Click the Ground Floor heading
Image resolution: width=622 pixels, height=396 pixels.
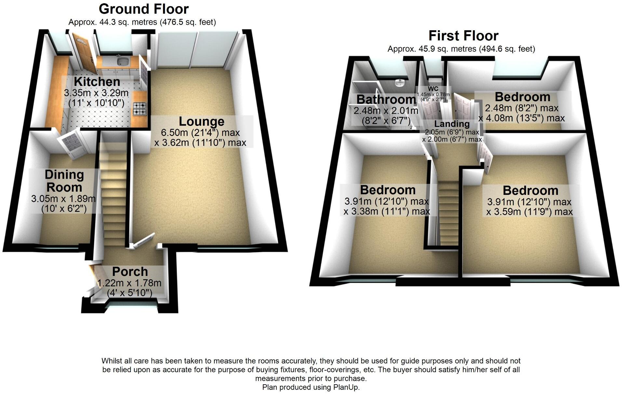(143, 9)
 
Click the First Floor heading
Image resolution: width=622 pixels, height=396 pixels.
(463, 36)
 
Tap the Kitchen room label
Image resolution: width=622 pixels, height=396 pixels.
(97, 82)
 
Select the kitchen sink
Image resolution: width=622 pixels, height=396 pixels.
(123, 61)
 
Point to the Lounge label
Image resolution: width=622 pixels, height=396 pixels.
(201, 122)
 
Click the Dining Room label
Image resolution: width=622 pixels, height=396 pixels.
(64, 181)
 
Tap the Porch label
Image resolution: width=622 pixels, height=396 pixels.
(130, 272)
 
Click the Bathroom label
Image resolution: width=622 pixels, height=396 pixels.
(386, 99)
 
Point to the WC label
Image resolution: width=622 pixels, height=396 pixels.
(433, 89)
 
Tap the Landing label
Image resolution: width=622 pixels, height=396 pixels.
(452, 124)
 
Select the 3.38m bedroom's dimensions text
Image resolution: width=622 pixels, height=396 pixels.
(387, 207)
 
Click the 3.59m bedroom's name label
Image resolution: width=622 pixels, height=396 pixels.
(530, 191)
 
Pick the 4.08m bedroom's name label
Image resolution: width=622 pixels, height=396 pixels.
(522, 97)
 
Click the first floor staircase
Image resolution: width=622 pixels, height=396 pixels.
(449, 212)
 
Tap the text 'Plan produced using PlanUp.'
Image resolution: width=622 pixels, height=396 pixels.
(311, 387)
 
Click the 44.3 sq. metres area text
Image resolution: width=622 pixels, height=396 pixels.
(142, 22)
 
